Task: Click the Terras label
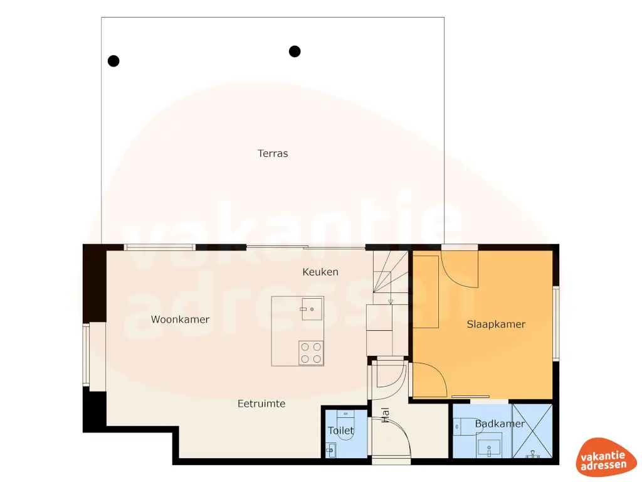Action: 273,153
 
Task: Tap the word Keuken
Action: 320,272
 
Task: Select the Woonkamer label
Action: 180,319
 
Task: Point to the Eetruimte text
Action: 261,404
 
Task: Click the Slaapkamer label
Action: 496,324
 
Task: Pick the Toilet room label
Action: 341,431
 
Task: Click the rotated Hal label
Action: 385,415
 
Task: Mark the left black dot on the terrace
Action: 113,61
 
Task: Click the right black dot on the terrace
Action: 295,51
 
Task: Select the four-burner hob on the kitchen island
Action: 311,352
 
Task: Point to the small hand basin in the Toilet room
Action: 330,450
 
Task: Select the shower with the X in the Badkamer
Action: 533,432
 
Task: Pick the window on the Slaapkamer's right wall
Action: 555,323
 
